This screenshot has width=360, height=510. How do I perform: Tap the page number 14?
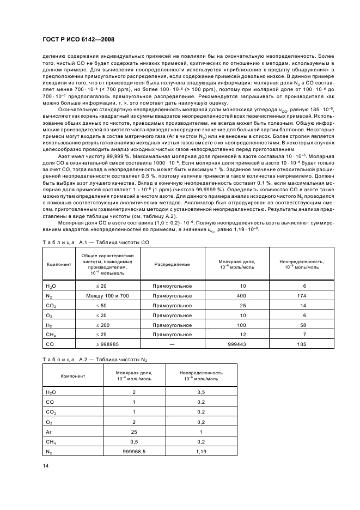(45, 464)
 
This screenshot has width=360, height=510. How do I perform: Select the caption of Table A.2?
(96, 360)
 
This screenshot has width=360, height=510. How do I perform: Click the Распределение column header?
(172, 264)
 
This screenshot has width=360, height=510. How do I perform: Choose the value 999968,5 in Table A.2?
(133, 452)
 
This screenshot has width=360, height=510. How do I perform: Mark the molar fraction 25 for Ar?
(133, 432)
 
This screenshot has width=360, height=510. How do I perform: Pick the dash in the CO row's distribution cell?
(172, 344)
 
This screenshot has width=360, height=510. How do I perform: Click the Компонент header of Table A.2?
(73, 375)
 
